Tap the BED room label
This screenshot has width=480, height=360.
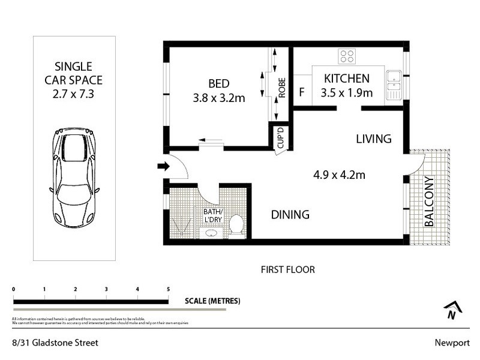[x=218, y=83]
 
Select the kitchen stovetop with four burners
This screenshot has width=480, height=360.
[x=347, y=56]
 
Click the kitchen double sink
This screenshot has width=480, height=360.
[x=394, y=84]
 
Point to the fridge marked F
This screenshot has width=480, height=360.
[x=302, y=92]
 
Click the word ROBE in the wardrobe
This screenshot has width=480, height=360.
[x=281, y=88]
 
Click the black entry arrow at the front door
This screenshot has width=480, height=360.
[x=163, y=166]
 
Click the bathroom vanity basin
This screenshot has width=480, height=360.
[x=211, y=233]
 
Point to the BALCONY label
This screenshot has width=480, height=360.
[x=429, y=201]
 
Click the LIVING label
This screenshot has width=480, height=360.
[x=373, y=139]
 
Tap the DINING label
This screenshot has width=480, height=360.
[x=290, y=214]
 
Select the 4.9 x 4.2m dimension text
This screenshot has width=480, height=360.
[x=339, y=175]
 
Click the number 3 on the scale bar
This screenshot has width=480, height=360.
[x=106, y=290]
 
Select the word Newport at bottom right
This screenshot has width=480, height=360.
[x=451, y=343]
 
